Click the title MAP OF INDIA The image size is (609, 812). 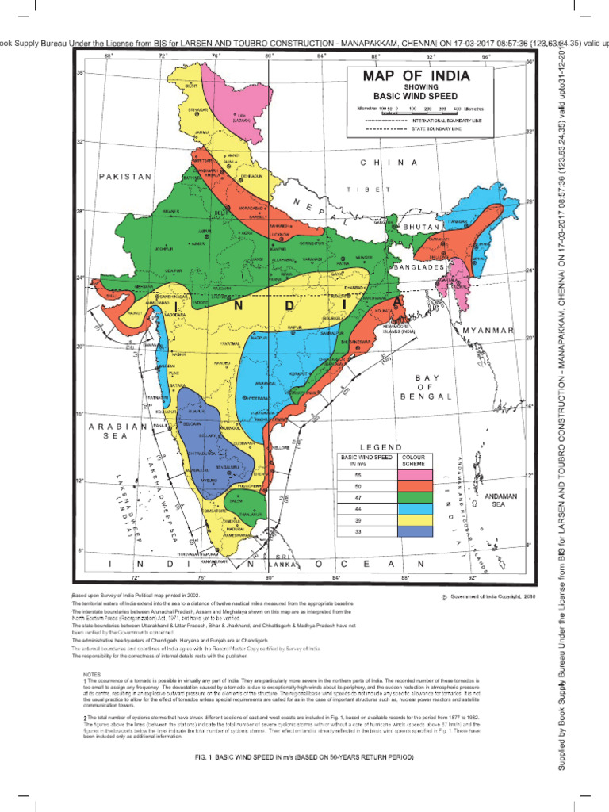(416, 77)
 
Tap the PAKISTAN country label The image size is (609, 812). (124, 177)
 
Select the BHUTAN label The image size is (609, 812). (423, 228)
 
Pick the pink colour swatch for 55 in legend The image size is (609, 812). (415, 473)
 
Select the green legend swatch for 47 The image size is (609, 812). (415, 497)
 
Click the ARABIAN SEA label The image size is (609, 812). (117, 431)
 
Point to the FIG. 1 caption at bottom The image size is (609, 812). (304, 758)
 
